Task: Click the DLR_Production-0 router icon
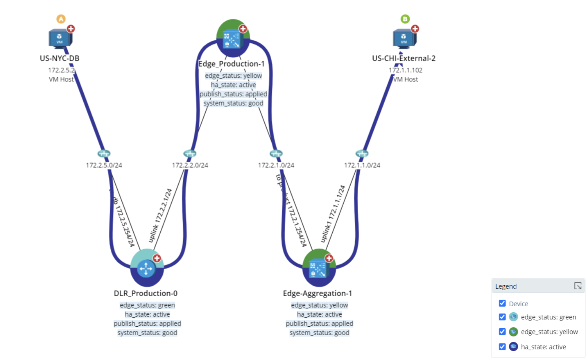(x=146, y=269)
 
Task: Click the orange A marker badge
(x=61, y=19)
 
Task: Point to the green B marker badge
(x=405, y=19)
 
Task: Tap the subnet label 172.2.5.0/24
(x=104, y=165)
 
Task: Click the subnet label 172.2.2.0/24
(x=190, y=165)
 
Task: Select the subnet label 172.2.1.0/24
(x=276, y=165)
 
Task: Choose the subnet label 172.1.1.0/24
(x=362, y=165)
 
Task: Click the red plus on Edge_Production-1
(x=243, y=29)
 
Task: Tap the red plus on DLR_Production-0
(x=157, y=258)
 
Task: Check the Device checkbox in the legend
(x=502, y=303)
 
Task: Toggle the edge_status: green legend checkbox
(x=502, y=317)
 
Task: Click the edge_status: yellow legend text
(x=549, y=332)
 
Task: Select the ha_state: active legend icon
(x=513, y=346)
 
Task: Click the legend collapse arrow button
(x=578, y=286)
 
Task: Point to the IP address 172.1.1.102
(x=405, y=70)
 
